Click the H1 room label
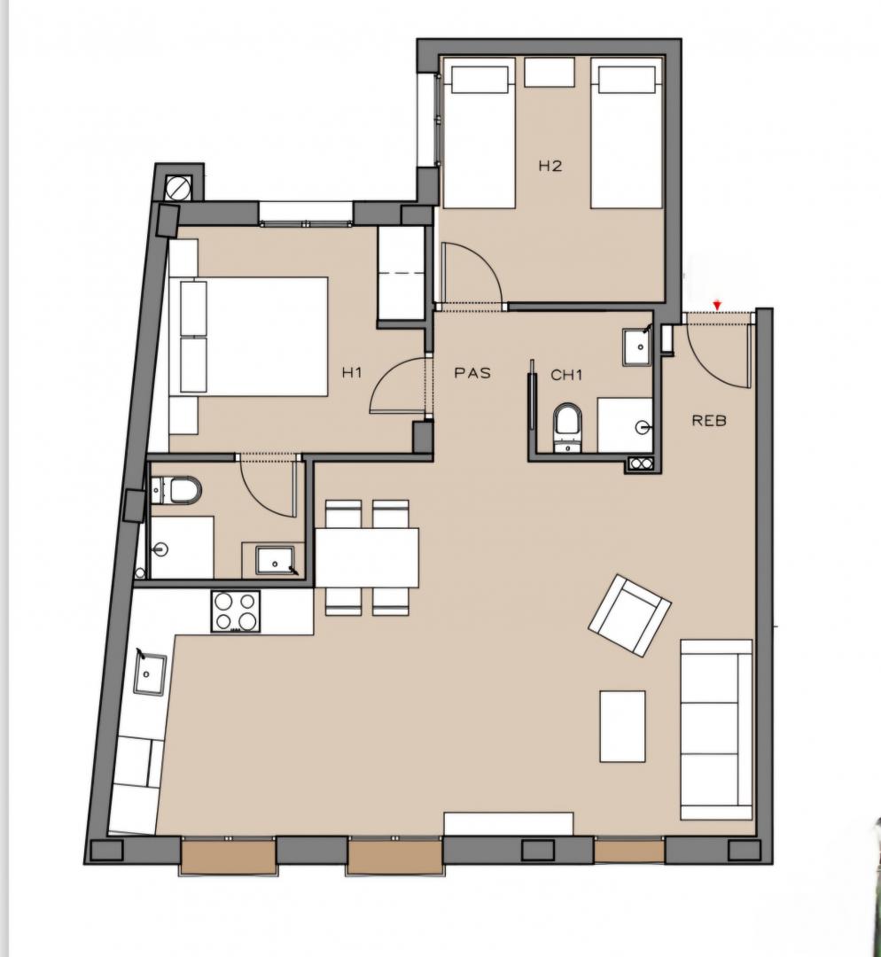[x=352, y=372]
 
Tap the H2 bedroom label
[x=550, y=166]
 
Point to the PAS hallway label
[x=472, y=373]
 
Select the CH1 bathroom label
[x=566, y=375]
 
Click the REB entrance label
[x=709, y=421]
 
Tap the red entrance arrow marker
[x=717, y=305]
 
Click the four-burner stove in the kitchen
[x=236, y=611]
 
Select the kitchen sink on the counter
[x=150, y=674]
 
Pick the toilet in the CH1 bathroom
[x=568, y=427]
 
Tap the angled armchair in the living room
[x=629, y=615]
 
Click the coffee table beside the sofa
[x=623, y=727]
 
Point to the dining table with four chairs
[x=367, y=557]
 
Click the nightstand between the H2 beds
[x=550, y=72]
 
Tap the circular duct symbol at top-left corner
[x=178, y=188]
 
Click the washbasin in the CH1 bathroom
[x=637, y=346]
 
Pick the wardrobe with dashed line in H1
[x=402, y=273]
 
